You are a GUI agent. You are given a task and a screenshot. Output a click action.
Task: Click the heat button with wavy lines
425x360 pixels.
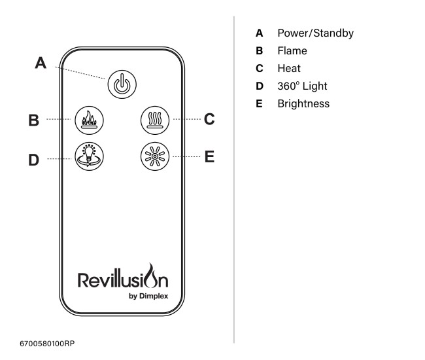point(155,120)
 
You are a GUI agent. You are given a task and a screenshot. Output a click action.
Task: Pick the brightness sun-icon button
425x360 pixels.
point(155,157)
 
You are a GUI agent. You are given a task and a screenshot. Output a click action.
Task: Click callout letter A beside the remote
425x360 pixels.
point(41,63)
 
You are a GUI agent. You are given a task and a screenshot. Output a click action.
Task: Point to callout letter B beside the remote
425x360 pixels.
point(33,120)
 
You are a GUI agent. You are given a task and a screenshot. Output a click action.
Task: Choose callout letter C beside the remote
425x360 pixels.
point(209,119)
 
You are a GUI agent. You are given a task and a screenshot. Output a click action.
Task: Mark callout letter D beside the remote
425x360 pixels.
point(33,159)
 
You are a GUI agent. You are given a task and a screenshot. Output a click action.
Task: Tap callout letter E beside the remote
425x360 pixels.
point(210,156)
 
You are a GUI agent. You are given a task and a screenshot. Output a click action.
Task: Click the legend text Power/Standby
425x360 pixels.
point(314,33)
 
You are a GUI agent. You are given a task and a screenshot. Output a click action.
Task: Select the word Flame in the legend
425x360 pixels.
point(292,50)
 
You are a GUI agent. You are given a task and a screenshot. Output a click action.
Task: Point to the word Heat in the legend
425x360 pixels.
point(289,68)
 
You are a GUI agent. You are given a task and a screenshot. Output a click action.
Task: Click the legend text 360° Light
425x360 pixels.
point(302,86)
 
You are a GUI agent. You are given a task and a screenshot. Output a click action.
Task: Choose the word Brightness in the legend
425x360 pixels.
point(303,103)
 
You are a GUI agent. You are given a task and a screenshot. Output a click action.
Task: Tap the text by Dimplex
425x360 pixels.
point(149,296)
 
